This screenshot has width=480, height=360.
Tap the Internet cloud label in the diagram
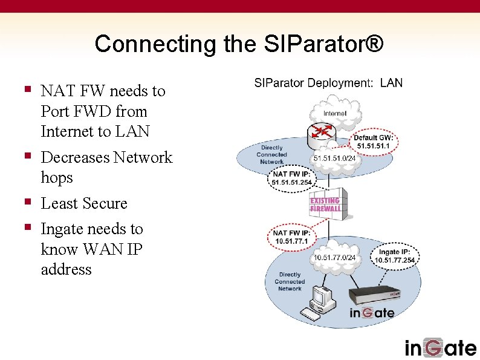tap(334, 113)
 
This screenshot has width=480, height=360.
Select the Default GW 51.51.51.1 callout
tap(374, 142)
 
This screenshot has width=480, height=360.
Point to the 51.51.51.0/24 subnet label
tap(334, 159)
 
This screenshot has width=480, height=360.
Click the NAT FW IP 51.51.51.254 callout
tap(292, 178)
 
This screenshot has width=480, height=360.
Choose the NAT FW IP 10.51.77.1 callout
tap(291, 237)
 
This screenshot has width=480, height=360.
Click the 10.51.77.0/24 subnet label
tap(334, 258)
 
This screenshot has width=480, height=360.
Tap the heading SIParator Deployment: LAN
tap(328, 83)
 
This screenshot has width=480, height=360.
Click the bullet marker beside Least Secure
tap(27, 202)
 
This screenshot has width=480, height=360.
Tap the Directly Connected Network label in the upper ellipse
tap(271, 155)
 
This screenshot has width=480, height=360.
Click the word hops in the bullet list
tap(57, 177)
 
